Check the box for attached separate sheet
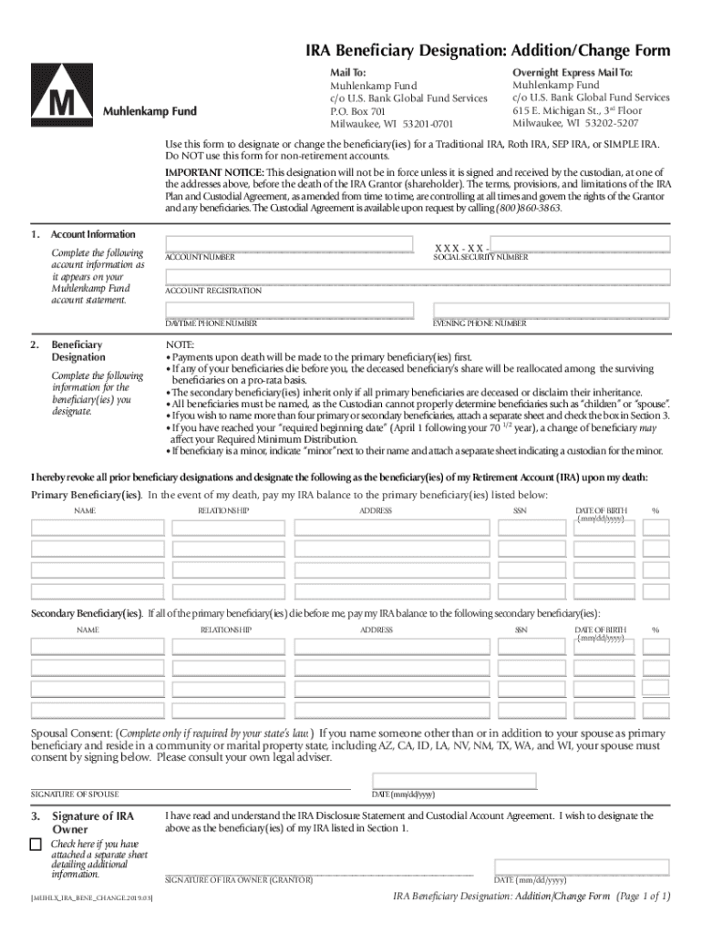click(36, 845)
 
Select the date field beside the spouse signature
click(454, 780)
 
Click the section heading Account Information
click(93, 235)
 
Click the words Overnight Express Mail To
click(572, 72)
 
